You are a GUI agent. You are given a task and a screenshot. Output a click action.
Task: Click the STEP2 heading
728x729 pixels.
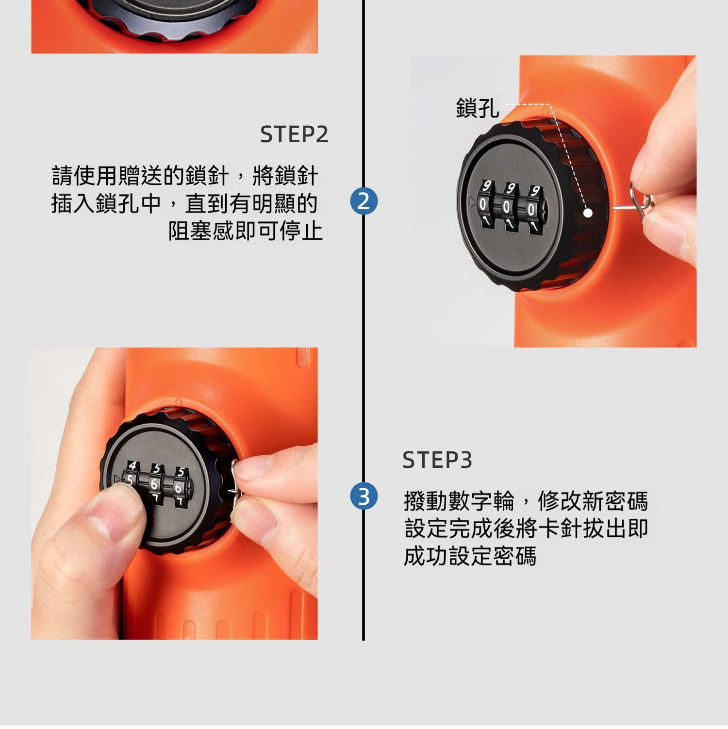294,134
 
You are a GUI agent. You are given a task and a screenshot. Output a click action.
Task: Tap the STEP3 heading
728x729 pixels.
437,460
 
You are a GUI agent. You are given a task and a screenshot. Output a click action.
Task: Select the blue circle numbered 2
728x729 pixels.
364,201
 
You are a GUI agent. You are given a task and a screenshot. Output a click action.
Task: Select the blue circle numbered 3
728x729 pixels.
364,497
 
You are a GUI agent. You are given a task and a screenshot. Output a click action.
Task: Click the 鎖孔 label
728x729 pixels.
478,107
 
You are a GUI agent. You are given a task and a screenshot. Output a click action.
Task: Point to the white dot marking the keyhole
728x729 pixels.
588,213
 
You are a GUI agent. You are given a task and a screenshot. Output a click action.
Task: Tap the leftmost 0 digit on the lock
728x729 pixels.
482,205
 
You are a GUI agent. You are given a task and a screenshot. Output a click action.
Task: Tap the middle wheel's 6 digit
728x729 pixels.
154,484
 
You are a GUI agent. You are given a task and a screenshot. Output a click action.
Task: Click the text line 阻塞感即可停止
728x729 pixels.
245,231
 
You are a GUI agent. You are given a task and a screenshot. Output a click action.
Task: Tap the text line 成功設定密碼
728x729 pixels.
470,556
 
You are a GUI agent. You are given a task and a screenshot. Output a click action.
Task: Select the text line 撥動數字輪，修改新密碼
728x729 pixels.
526,500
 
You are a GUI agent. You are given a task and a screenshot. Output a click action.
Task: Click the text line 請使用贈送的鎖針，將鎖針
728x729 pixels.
185,176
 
